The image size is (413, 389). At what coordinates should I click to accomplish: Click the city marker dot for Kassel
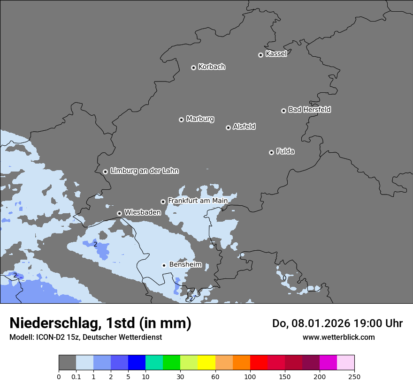point(260,55)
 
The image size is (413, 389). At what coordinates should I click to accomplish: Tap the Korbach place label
point(212,67)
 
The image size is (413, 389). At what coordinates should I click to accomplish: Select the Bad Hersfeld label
point(309,110)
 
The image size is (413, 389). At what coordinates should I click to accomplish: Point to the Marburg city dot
point(181,120)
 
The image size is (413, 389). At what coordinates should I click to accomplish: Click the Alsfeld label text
point(244,127)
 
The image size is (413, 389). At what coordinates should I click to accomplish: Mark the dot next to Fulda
point(271,152)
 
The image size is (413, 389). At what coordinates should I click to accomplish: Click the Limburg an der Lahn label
point(144,171)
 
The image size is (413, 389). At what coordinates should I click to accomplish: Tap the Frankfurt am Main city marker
point(163,202)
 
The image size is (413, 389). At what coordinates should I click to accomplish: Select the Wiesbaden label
point(142,212)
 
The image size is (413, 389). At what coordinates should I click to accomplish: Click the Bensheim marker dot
point(164,265)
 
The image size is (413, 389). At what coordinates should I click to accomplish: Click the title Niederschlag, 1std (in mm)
point(100,323)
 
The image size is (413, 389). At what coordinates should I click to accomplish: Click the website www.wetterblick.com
point(338,337)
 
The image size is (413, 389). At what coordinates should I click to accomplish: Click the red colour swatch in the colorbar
point(259,363)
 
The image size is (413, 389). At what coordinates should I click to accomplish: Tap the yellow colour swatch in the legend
point(206,363)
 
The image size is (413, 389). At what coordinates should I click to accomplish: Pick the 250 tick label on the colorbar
point(354,376)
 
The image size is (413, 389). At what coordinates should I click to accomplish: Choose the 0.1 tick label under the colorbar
point(76,376)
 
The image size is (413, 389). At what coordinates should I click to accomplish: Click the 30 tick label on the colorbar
point(180,376)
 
